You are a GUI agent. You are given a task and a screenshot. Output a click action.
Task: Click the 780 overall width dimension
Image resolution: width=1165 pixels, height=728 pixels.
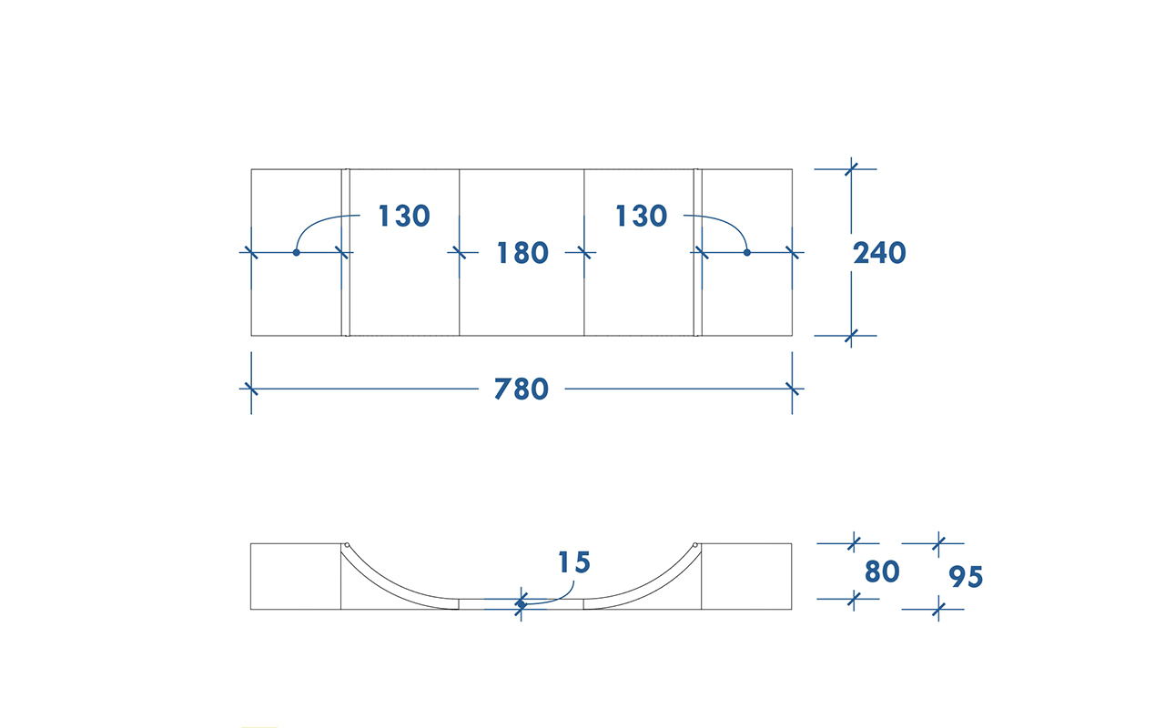click(x=522, y=389)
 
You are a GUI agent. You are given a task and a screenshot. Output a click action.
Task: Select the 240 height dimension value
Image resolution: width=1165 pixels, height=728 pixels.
click(x=879, y=253)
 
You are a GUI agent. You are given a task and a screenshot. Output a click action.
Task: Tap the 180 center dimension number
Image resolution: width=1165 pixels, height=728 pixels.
click(x=522, y=253)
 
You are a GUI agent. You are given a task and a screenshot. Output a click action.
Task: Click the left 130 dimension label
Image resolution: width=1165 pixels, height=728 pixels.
click(x=404, y=216)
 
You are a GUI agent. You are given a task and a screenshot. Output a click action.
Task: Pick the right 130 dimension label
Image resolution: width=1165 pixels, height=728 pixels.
click(x=642, y=216)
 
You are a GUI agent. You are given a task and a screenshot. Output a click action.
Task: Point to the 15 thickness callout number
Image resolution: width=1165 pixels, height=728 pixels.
click(x=574, y=562)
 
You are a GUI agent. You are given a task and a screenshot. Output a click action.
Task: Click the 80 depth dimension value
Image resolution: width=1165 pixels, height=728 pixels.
click(x=882, y=571)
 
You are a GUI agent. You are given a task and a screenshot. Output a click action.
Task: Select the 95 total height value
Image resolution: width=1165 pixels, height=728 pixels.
click(x=966, y=577)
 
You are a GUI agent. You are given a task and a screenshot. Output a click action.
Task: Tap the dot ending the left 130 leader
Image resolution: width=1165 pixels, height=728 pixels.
click(x=297, y=253)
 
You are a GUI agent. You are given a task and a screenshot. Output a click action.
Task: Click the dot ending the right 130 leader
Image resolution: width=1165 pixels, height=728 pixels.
click(x=747, y=253)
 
